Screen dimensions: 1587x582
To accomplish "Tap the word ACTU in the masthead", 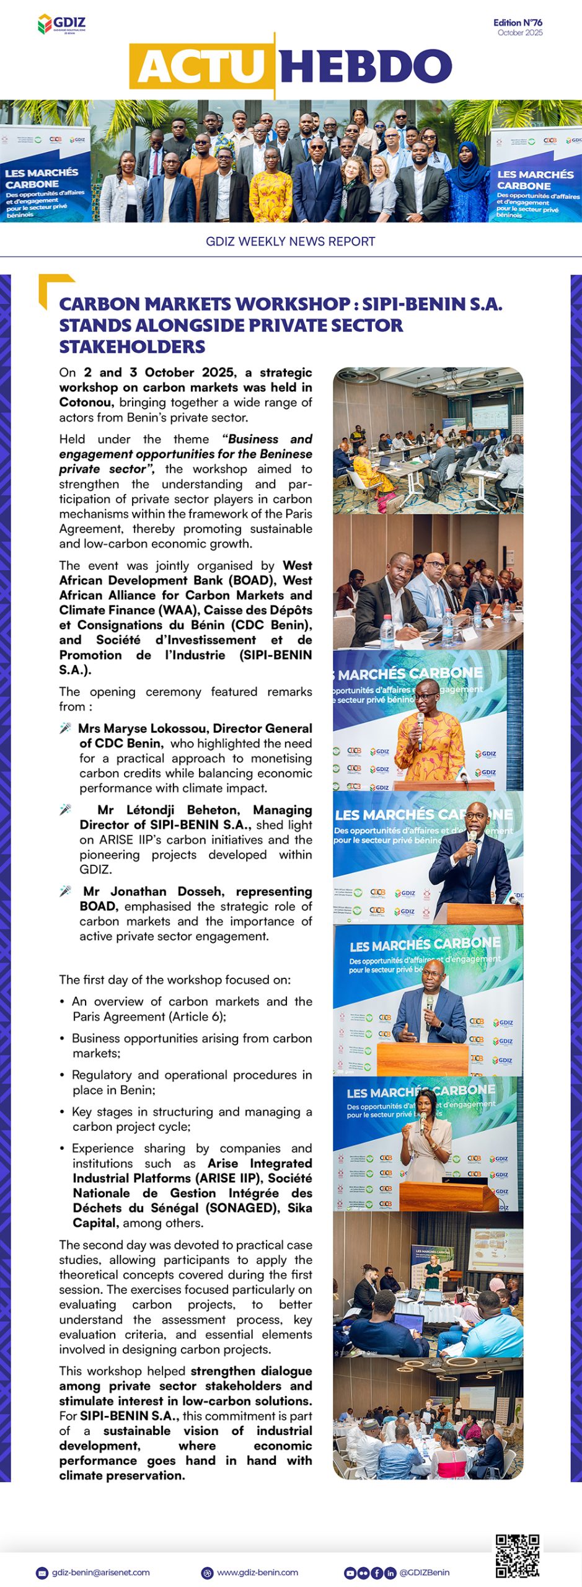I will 202,66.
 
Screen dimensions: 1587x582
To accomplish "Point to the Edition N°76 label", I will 518,22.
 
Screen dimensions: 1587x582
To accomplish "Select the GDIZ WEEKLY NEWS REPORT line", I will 291,241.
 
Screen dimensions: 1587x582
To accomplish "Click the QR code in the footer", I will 517,1555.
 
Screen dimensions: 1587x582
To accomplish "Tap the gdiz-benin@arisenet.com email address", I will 100,1572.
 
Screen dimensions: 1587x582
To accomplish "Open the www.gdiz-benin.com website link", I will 257,1572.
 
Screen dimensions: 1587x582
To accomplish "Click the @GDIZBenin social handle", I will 425,1572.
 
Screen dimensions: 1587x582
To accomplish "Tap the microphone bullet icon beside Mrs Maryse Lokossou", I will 65,728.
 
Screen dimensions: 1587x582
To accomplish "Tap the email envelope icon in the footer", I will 42,1573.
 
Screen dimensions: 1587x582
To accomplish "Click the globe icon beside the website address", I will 208,1573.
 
